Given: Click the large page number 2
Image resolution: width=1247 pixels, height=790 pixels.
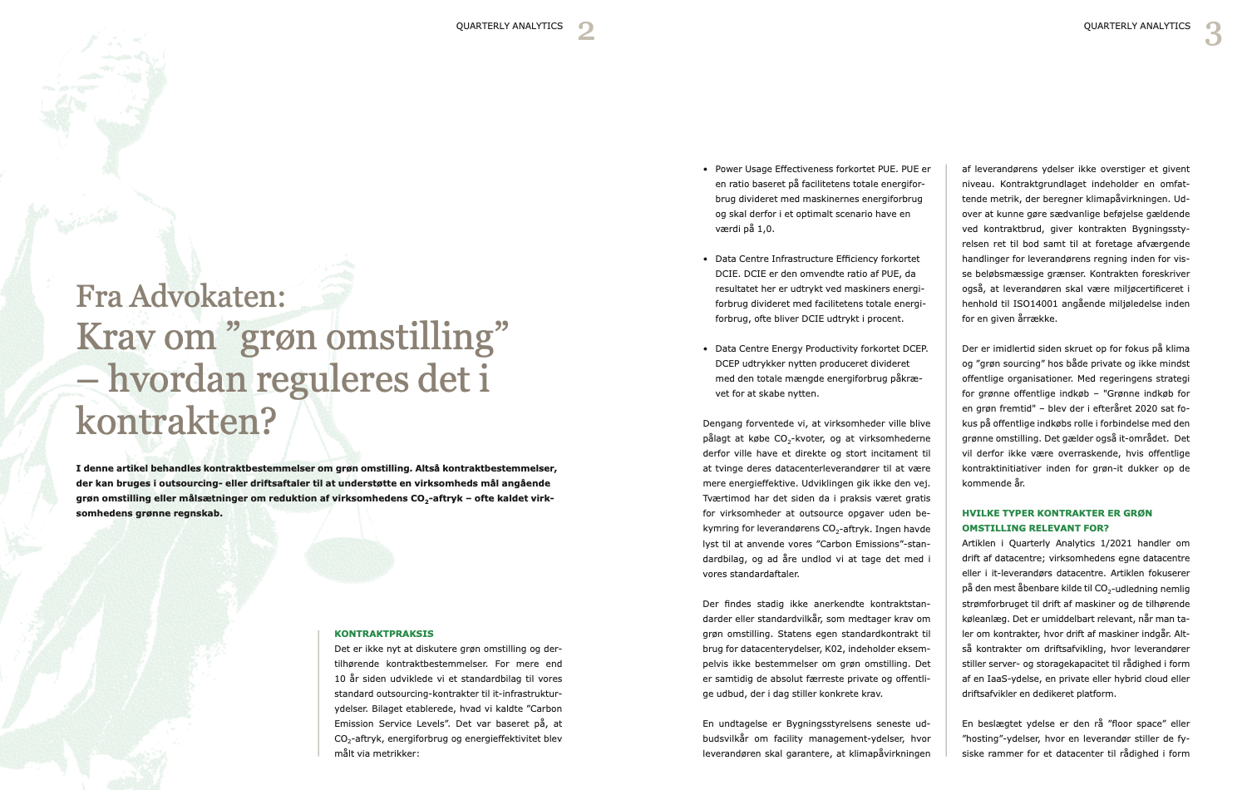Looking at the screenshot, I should pos(586,32).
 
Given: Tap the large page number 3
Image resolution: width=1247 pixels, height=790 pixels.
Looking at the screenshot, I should pos(1213,34).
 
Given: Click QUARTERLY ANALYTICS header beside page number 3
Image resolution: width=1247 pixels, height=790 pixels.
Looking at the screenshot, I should pos(1136,26).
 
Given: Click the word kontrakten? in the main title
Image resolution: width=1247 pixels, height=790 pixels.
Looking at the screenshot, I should pos(175,421).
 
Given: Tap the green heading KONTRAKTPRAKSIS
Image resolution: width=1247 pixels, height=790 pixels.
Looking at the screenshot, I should pos(383,634).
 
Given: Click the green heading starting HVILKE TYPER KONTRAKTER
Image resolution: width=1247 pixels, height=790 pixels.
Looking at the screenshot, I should pos(1057,513).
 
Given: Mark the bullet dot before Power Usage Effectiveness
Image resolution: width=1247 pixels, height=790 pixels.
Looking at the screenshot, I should pos(706,170).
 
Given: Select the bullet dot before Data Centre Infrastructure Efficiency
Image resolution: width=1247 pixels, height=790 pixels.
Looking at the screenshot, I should pos(706,259).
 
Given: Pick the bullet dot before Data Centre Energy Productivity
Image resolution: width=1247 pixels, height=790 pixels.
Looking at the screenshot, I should pos(706,349).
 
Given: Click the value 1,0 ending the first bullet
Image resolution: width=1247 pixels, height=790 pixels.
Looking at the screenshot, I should pos(765,229).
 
